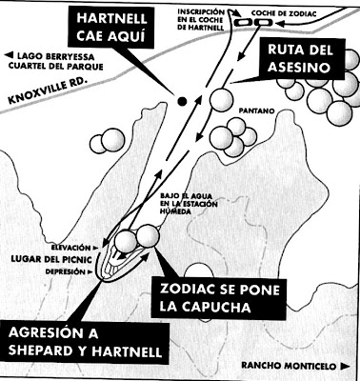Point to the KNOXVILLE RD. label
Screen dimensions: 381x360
pyautogui.click(x=38, y=98)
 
